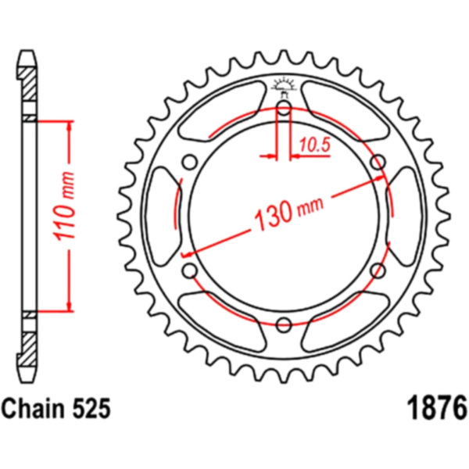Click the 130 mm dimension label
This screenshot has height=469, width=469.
click(x=289, y=213)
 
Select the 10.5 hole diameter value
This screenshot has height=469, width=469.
click(x=315, y=145)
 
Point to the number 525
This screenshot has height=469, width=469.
click(x=92, y=409)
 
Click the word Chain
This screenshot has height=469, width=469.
click(x=35, y=409)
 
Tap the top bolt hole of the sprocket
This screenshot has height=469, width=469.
click(x=284, y=108)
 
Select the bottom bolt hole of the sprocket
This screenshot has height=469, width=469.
click(x=284, y=324)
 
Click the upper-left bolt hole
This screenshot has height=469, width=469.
click(x=190, y=163)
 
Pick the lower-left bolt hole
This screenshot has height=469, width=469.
click(x=190, y=270)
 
